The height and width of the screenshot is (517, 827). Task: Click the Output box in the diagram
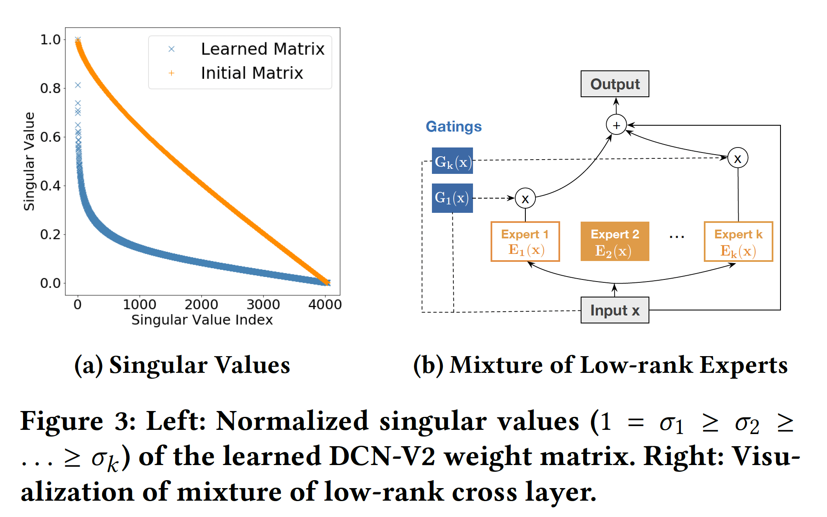coord(615,84)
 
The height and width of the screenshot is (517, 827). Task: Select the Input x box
coord(615,310)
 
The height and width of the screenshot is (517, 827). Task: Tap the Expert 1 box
coord(525,242)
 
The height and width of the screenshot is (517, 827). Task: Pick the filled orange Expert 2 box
coord(615,242)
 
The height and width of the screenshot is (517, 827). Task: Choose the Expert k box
coord(738,242)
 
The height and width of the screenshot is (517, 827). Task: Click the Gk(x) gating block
coord(452,161)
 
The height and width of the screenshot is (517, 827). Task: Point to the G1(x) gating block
coord(452,198)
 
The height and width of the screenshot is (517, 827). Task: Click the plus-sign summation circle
coord(616,125)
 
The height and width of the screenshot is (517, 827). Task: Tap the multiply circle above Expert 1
coord(525,199)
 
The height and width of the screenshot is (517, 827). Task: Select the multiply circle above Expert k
coord(738,158)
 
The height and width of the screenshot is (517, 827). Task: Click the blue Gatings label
coord(454,127)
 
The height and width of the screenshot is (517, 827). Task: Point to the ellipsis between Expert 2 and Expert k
coord(677,237)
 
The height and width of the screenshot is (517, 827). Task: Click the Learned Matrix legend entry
coord(262,49)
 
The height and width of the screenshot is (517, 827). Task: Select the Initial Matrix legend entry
coord(251,73)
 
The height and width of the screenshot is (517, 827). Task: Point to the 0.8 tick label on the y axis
coord(50,88)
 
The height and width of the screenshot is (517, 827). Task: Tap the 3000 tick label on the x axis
coord(263,305)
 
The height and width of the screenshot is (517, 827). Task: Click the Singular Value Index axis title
coord(202,320)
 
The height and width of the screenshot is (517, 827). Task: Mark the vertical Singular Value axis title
coord(29,161)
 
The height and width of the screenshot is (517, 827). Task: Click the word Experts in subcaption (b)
coord(744,365)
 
